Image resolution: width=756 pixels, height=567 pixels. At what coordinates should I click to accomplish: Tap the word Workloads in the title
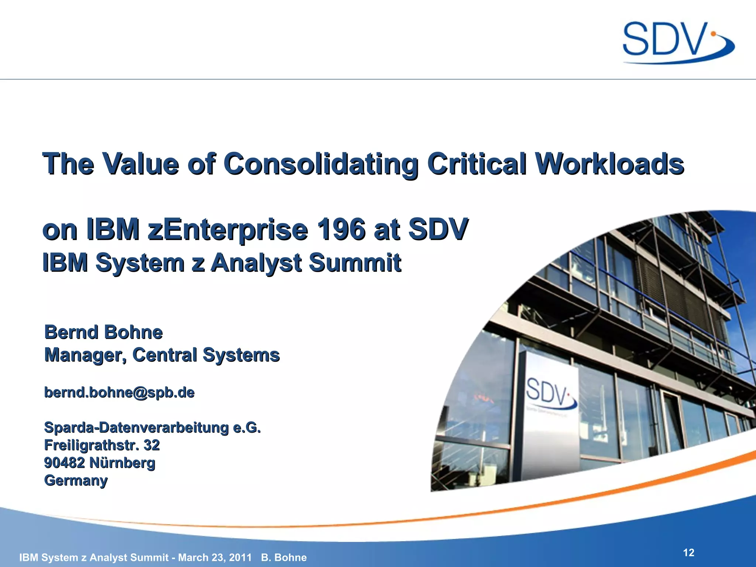(609, 164)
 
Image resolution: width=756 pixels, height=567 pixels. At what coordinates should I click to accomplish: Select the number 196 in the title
(341, 229)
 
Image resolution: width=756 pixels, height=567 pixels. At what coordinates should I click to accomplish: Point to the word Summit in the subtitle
(355, 262)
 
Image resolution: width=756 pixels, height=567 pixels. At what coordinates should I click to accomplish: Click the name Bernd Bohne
(103, 332)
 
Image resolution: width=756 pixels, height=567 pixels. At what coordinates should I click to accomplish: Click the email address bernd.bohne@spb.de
(119, 392)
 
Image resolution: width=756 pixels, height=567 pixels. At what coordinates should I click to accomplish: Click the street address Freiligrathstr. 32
(102, 445)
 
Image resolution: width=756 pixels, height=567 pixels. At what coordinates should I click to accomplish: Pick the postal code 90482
(64, 463)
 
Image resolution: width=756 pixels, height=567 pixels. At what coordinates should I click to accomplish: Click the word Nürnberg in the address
(122, 463)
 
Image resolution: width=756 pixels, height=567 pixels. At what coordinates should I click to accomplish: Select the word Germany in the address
(76, 480)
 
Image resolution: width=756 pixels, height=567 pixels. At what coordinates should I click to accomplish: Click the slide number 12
(688, 553)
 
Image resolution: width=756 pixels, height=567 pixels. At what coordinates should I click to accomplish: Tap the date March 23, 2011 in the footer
(215, 557)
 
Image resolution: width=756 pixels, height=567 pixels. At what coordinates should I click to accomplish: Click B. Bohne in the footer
(283, 557)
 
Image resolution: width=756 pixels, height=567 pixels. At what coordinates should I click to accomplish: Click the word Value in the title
(141, 164)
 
